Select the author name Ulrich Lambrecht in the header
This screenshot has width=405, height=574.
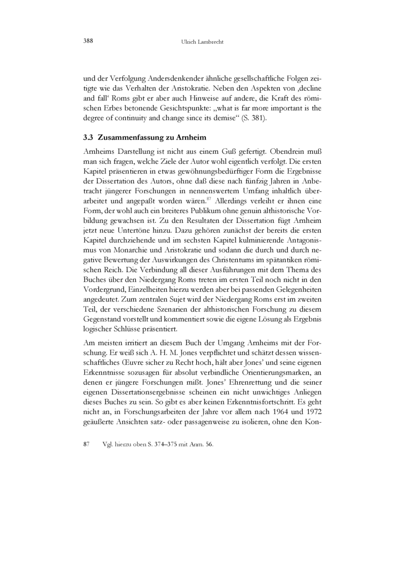[x=202, y=41]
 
